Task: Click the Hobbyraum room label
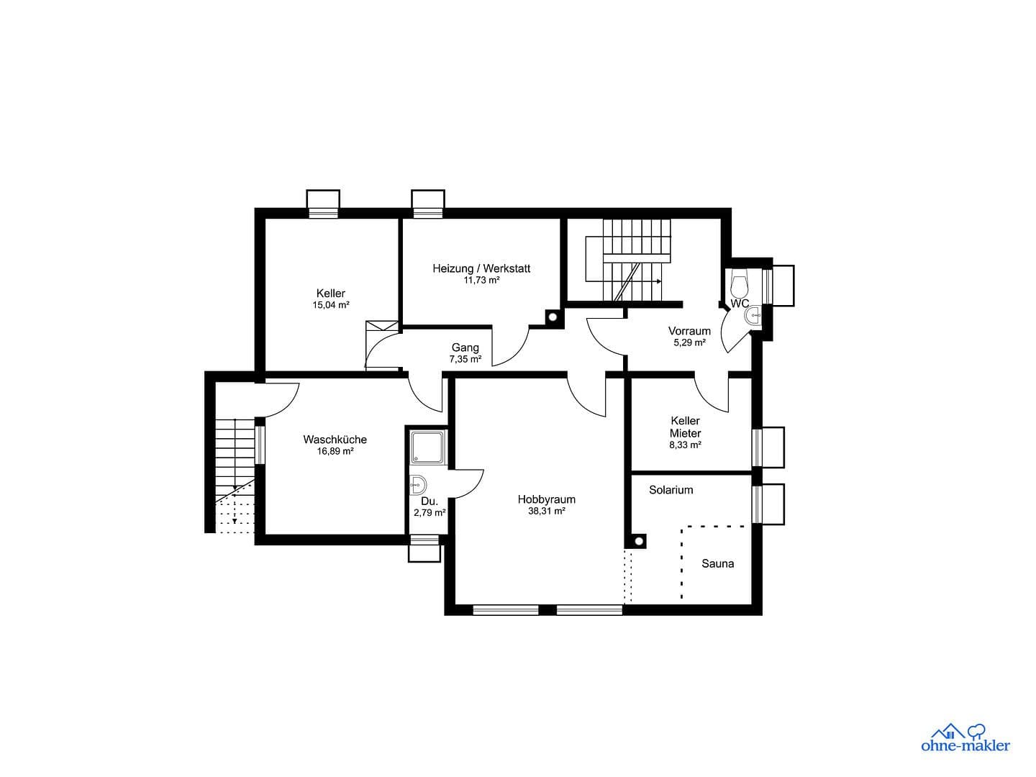click(x=546, y=499)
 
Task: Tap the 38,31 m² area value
click(x=546, y=512)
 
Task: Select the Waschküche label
click(x=335, y=440)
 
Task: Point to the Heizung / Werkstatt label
click(x=481, y=268)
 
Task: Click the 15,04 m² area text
click(x=330, y=305)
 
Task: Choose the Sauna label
click(x=717, y=564)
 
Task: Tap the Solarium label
click(x=671, y=490)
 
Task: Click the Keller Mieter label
click(x=685, y=427)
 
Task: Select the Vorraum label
click(x=689, y=331)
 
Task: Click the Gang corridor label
click(x=465, y=347)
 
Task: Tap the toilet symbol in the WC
click(x=740, y=283)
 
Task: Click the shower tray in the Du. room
click(x=427, y=447)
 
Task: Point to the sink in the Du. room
click(x=417, y=486)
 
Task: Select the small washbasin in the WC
click(x=754, y=316)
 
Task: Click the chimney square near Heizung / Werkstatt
click(x=552, y=316)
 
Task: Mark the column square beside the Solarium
click(x=637, y=542)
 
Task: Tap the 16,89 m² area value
click(x=335, y=452)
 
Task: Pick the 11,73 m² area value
click(x=481, y=281)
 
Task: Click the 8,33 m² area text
click(x=685, y=445)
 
